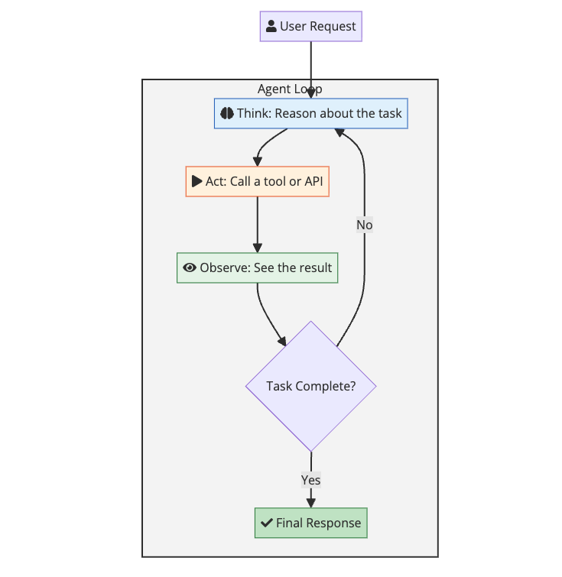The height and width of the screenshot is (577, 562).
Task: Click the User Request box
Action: coord(310,27)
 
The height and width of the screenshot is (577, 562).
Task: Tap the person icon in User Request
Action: coord(271,27)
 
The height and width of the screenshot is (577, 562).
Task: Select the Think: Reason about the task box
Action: coord(310,113)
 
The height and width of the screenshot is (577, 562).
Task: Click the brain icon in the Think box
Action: coord(226,113)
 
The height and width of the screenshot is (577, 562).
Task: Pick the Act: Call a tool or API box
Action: coord(257,182)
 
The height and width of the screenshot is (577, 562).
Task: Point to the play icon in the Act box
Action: coord(197,182)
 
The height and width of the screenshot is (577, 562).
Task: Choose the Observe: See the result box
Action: coord(257,267)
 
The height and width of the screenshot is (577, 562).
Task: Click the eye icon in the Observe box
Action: coord(190,267)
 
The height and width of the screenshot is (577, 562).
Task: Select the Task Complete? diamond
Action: coord(310,386)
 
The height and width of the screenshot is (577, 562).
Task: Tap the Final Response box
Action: coord(310,523)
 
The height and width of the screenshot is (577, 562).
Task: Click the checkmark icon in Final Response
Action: coord(266,523)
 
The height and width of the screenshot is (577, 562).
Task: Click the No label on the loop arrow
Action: coord(364,225)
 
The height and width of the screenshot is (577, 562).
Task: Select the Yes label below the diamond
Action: coord(310,480)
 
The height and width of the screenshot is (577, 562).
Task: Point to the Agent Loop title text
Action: coord(290,89)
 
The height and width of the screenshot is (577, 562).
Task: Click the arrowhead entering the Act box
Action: coord(257,161)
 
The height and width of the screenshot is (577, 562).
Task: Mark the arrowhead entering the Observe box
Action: coord(257,248)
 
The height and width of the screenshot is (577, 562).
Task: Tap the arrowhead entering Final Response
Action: coord(310,502)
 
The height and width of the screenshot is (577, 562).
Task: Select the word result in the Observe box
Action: coord(314,267)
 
